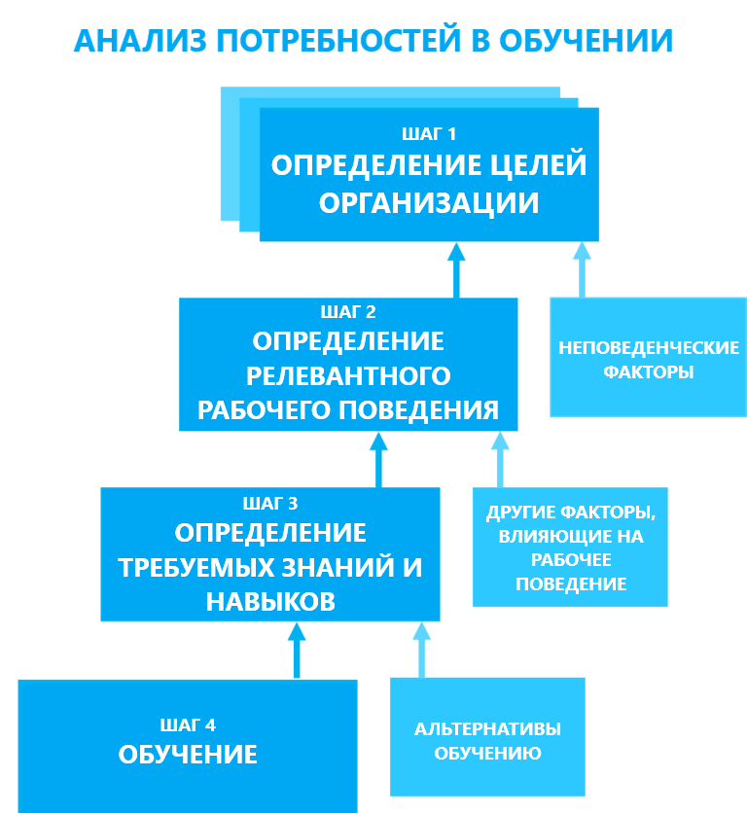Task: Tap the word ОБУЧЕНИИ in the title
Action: point(585,41)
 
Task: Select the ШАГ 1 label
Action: point(429,133)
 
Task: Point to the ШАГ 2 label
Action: point(347,312)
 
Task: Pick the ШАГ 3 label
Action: point(269,503)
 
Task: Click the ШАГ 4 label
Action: point(188,725)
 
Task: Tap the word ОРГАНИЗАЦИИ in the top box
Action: point(429,203)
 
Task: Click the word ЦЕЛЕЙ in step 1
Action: point(536,165)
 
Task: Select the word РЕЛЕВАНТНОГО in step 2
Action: point(348,375)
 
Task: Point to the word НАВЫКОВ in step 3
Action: point(270,602)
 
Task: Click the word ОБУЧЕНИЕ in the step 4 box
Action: point(188,755)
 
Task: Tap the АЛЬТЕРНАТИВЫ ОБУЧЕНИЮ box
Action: point(487,740)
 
